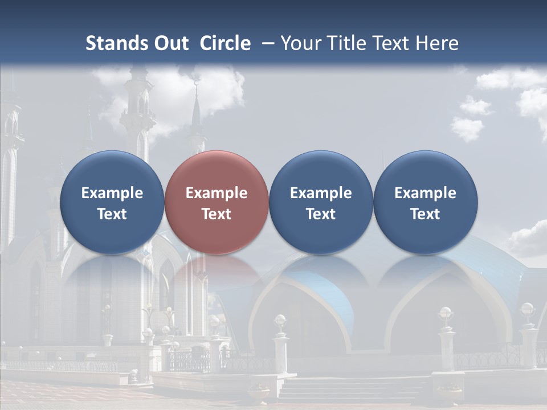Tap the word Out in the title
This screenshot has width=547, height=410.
pos(169,43)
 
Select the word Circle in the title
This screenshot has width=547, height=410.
pos(225,43)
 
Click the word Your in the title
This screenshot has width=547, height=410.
pos(299,43)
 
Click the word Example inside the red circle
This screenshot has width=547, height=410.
pos(217,193)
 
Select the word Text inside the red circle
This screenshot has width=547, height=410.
pos(217,214)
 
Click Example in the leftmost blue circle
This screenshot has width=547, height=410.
pos(112,193)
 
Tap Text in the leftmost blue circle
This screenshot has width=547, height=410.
pos(112,214)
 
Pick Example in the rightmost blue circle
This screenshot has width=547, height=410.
pos(426,193)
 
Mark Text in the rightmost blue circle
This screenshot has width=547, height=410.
pos(426,214)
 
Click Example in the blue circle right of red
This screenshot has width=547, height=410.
pos(321,193)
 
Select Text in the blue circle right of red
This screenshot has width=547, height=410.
pos(321,214)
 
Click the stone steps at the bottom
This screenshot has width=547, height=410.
pos(353,390)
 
